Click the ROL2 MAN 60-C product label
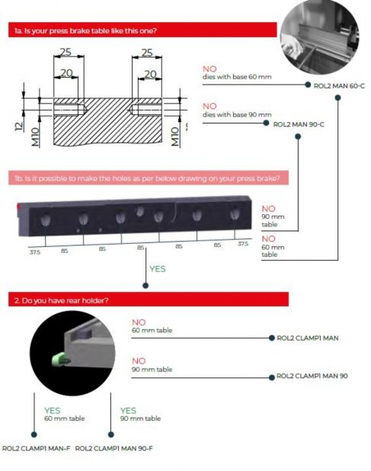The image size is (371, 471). pos(339,86)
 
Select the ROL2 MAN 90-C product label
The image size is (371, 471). pos(299,124)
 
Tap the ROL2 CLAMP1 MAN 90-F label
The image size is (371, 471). pos(114,448)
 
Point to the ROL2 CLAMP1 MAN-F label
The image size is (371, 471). pos(36,448)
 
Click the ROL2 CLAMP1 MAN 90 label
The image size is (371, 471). pos(312,376)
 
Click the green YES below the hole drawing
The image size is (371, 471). pos(158,269)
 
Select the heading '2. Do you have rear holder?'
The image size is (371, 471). pos(62,300)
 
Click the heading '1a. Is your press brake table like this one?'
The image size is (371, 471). pos(85,30)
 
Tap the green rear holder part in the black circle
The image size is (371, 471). pos(59,360)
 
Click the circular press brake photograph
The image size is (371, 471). pos(319,36)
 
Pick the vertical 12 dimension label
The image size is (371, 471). pos(19,127)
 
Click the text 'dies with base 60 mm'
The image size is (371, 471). pos(237,77)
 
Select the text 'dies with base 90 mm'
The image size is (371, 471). pos(237,114)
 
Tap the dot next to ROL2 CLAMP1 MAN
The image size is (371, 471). pos(272,338)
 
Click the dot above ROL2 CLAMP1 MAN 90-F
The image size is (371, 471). pos(110,434)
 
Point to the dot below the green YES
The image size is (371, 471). pos(146,285)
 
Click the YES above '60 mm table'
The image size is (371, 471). pos(53,410)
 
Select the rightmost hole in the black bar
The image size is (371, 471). pos(235,214)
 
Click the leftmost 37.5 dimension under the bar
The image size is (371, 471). pos(35,252)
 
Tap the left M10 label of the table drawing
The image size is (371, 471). pos(35,137)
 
